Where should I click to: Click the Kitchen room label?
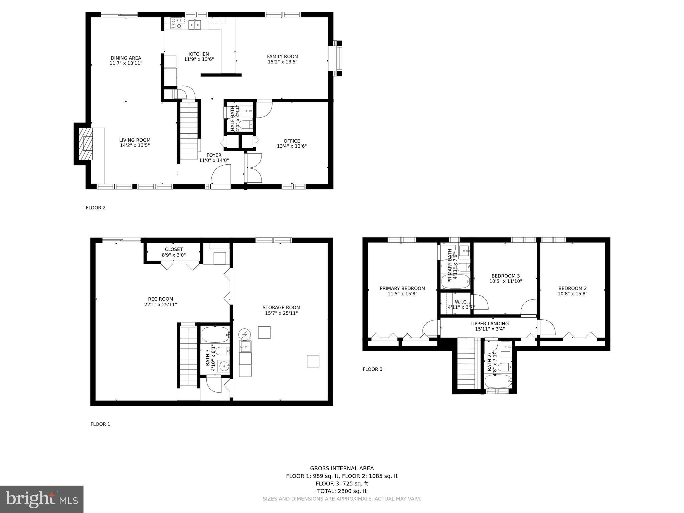tap(199, 54)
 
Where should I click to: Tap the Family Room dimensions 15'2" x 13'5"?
tap(282, 62)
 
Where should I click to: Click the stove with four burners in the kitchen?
tap(176, 23)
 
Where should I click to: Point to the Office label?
tap(292, 141)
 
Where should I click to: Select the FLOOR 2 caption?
tap(96, 208)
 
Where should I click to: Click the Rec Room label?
tap(161, 299)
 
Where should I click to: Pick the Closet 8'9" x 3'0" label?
tap(174, 252)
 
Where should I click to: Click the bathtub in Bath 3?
tap(215, 335)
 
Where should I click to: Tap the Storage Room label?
tap(281, 308)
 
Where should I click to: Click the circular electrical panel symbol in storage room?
tap(244, 334)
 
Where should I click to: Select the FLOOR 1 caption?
tap(100, 424)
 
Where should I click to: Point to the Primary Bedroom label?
tap(402, 289)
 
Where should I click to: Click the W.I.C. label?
tap(461, 302)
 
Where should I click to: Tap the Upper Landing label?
tap(490, 324)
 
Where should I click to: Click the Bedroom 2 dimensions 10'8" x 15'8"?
tap(572, 294)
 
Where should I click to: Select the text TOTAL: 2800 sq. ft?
tap(342, 491)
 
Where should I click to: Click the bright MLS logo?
tap(42, 499)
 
